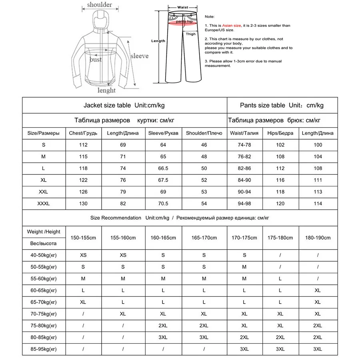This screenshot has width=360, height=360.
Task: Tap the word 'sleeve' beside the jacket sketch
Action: [x=139, y=56]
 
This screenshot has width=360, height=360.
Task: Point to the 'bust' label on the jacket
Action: [x=96, y=60]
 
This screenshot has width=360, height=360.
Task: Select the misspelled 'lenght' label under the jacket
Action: [x=106, y=90]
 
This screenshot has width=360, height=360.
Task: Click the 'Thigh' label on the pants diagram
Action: [x=190, y=34]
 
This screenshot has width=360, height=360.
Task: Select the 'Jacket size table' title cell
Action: [x=124, y=105]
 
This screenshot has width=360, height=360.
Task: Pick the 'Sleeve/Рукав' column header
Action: [x=163, y=133]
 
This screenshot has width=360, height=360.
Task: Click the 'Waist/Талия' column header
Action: [x=244, y=133]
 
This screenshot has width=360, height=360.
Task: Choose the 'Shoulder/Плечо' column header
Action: [x=204, y=133]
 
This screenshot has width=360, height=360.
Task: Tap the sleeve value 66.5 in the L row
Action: [x=163, y=168]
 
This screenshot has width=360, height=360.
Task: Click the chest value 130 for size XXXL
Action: [x=84, y=204]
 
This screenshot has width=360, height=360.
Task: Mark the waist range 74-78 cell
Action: [x=244, y=145]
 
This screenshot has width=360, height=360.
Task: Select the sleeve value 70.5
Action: [x=163, y=204]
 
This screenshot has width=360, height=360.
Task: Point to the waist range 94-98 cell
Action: [x=244, y=204]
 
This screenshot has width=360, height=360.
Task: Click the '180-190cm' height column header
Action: [x=318, y=238]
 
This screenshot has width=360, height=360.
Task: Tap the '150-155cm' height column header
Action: [x=83, y=238]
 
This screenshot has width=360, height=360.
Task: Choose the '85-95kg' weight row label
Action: [x=44, y=349]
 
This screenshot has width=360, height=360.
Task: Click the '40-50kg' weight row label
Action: [x=44, y=255]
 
